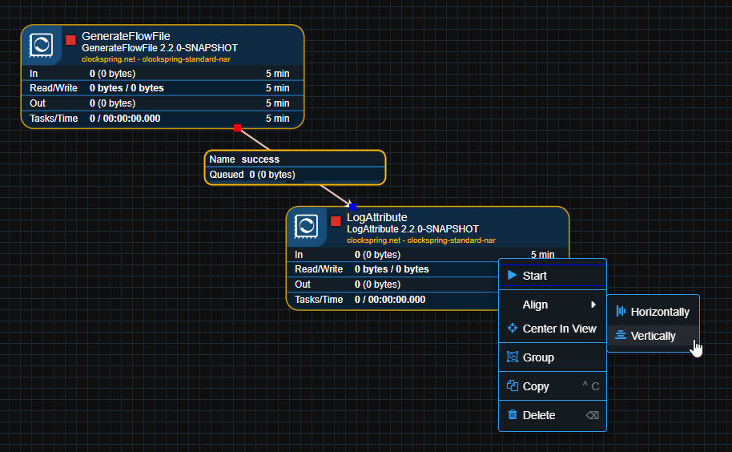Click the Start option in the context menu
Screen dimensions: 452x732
[x=535, y=276]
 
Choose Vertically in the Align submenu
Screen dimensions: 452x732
[x=653, y=336]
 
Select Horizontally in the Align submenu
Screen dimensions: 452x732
[x=659, y=312]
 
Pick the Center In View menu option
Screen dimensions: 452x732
[x=559, y=329]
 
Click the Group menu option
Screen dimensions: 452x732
[x=537, y=357]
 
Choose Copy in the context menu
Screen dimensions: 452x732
[x=536, y=386]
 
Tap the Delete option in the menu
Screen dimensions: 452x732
[x=538, y=415]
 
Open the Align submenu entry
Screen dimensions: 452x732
[x=535, y=305]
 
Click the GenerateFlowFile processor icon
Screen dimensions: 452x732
[x=42, y=44]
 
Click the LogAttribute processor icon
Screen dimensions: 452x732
[x=307, y=226]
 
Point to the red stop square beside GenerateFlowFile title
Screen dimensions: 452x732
[x=70, y=39]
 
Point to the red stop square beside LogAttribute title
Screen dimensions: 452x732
[x=336, y=221]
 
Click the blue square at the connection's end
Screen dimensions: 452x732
[x=352, y=207]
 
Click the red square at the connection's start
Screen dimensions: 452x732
[x=237, y=127]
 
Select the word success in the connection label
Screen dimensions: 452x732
[x=260, y=159]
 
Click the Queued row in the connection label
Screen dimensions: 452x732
[x=252, y=175]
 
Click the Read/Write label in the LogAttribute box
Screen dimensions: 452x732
[x=319, y=269]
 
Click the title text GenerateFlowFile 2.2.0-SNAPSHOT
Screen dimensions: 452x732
[x=159, y=48]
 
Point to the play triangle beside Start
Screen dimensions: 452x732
[x=512, y=275]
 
